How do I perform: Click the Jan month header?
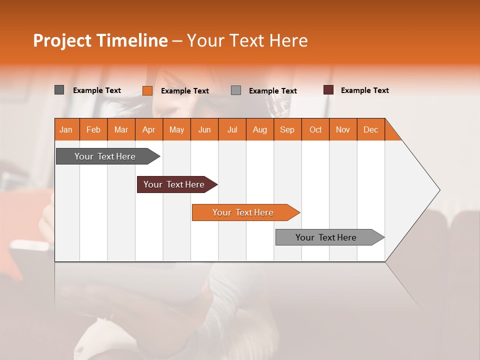coord(66,129)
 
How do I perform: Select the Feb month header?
coord(93,129)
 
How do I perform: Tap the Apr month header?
coord(149,129)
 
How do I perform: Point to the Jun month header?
coord(204,129)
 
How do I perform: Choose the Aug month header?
coord(259,129)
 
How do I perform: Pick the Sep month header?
coord(287,129)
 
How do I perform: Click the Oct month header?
coord(315,129)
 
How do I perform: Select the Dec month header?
coord(370,129)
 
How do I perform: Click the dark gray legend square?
coord(59,90)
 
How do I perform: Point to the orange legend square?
coord(147,90)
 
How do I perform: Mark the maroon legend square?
coord(328,90)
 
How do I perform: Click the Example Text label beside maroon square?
coord(364,90)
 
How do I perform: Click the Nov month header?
coord(343,129)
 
